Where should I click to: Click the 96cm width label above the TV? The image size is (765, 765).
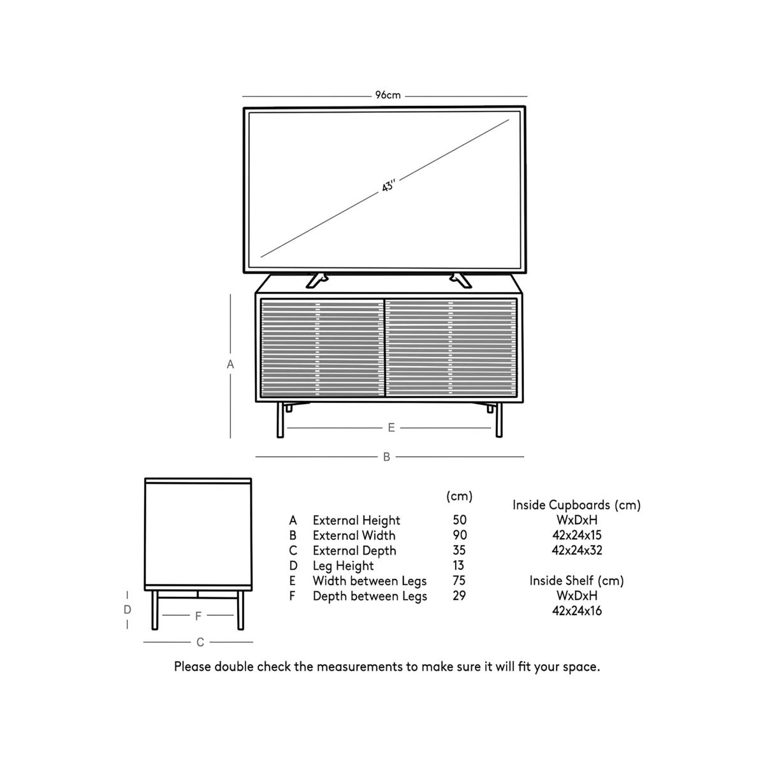click(x=388, y=96)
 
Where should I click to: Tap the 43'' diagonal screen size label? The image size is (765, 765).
click(x=389, y=187)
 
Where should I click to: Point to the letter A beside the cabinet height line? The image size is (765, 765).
click(x=231, y=365)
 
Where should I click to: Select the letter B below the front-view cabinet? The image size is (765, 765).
click(x=386, y=457)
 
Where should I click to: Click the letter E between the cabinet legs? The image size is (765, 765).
click(x=391, y=428)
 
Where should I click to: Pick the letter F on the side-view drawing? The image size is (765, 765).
click(x=198, y=616)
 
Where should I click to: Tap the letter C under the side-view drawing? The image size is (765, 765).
click(x=200, y=643)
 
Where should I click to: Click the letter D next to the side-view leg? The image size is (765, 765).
click(x=127, y=610)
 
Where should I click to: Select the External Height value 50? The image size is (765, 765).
click(x=459, y=520)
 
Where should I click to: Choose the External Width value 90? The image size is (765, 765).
click(x=459, y=535)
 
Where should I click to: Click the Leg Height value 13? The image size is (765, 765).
click(x=459, y=565)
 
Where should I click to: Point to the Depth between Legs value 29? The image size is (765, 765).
click(x=459, y=596)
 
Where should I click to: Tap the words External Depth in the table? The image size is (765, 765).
click(x=354, y=551)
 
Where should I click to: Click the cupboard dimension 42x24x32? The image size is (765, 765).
click(x=576, y=551)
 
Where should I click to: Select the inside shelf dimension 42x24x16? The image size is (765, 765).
click(x=576, y=611)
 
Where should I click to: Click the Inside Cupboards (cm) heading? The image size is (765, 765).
click(x=576, y=505)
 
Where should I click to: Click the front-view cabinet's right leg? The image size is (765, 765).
click(x=499, y=420)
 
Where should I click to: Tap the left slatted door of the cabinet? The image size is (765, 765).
click(x=321, y=348)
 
